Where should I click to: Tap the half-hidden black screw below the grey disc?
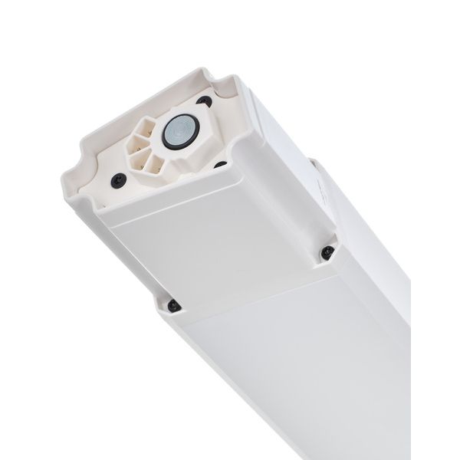coord(219,164)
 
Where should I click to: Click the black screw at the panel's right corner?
coord(327,250)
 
